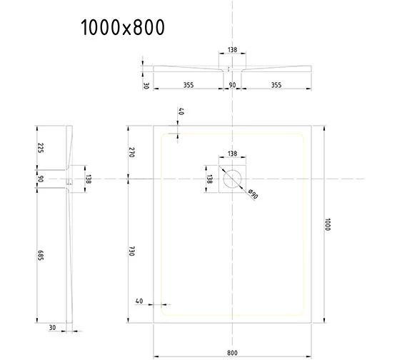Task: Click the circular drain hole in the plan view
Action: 233,178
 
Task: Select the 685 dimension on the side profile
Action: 41,255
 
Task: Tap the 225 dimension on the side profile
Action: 41,148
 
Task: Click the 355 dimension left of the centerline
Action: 188,85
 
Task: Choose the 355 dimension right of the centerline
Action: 276,85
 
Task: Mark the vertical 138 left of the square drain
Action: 209,179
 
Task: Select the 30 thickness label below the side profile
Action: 54,328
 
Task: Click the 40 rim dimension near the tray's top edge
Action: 181,113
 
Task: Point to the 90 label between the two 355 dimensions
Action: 232,85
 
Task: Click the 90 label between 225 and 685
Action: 41,179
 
